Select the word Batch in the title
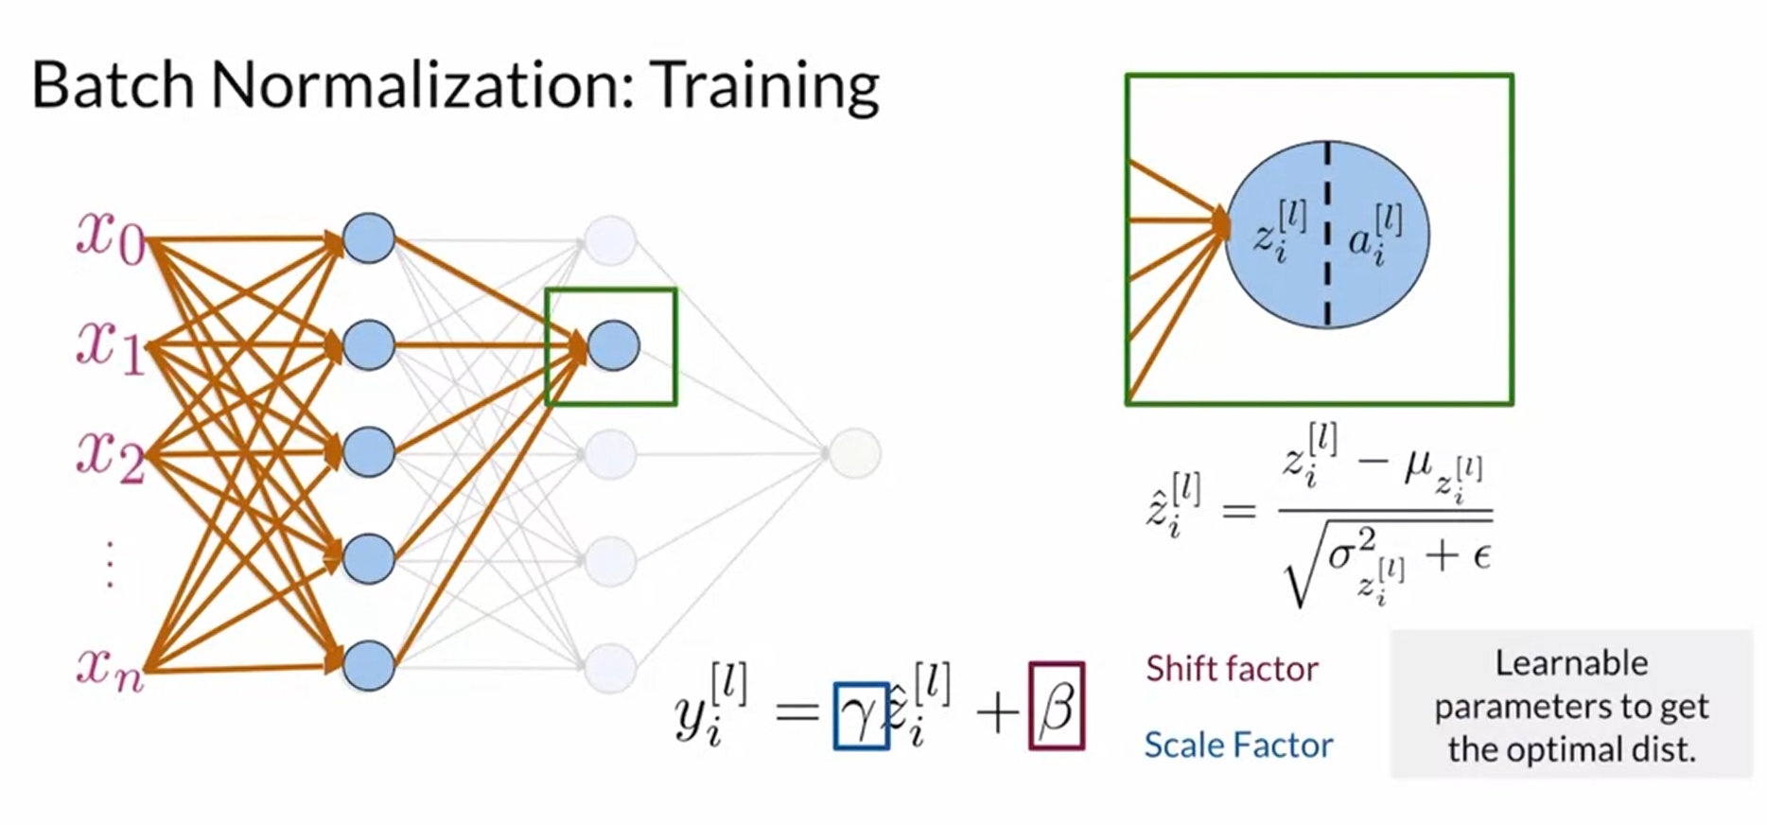[113, 85]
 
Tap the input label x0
[110, 237]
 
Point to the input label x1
[110, 345]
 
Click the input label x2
[110, 454]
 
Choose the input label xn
[110, 667]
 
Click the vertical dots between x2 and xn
[110, 564]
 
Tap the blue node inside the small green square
[613, 345]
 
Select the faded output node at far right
[854, 454]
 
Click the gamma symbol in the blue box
[859, 716]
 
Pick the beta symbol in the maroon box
[1056, 708]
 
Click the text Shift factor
[1232, 669]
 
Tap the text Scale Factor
[1237, 746]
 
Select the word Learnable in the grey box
[1571, 662]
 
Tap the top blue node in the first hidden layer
[368, 237]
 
